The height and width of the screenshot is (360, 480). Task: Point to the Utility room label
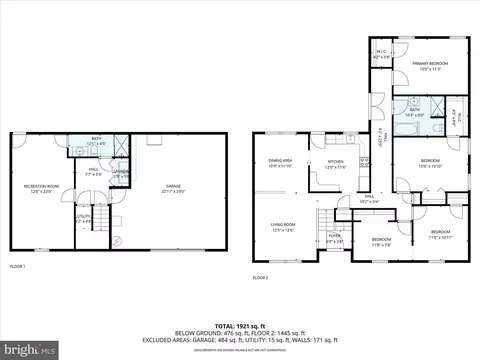click(83, 217)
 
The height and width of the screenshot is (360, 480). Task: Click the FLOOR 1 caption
click(18, 266)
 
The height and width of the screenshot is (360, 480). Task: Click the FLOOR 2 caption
click(261, 276)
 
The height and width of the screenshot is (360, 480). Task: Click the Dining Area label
click(280, 162)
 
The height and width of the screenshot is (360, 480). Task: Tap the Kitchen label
click(336, 164)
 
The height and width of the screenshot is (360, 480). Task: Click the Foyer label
click(335, 240)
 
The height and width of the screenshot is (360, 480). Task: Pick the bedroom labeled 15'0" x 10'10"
click(430, 162)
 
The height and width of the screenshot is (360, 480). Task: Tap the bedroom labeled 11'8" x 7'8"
click(382, 241)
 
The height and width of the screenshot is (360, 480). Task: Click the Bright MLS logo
click(30, 350)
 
